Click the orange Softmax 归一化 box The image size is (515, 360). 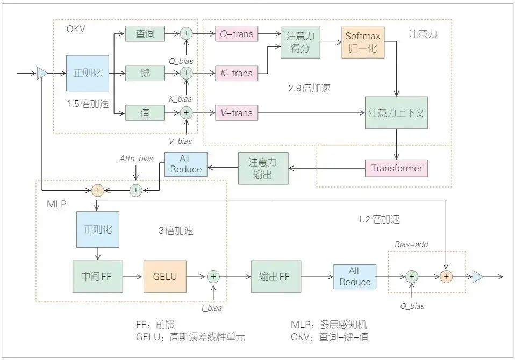point(362,42)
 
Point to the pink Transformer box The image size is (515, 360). point(397,168)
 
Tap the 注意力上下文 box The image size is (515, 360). point(397,113)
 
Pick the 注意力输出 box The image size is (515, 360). point(262,168)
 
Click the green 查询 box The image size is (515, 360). point(145,33)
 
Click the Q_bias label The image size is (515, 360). point(181,61)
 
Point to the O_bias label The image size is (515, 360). point(412,306)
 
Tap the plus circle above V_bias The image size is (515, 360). point(187,113)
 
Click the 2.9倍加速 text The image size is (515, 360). point(310,89)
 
